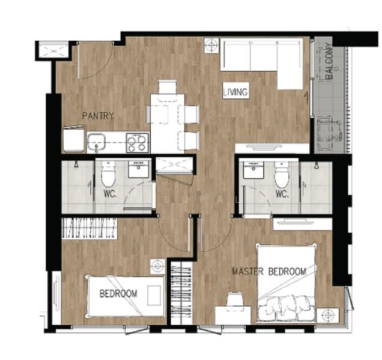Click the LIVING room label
(235, 92)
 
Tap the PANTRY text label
(98, 116)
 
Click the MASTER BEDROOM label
(269, 272)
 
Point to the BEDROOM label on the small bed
(118, 293)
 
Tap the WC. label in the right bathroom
(282, 193)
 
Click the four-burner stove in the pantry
(136, 143)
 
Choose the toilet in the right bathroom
(281, 176)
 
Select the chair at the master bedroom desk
(234, 298)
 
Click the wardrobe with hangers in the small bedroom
(90, 228)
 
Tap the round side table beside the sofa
(211, 46)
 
